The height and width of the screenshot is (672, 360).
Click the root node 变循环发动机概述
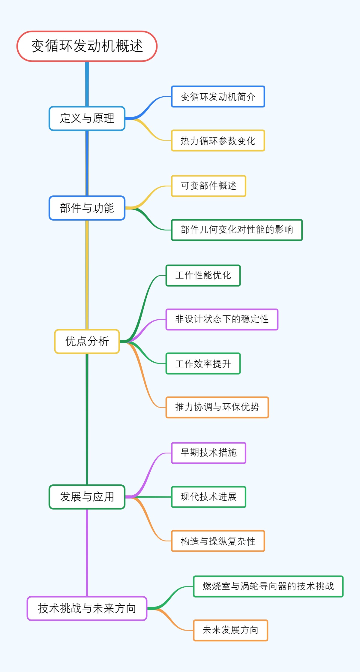pyautogui.click(x=87, y=46)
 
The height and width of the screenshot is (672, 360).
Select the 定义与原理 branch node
pyautogui.click(x=87, y=118)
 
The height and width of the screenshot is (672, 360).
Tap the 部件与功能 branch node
pyautogui.click(x=87, y=208)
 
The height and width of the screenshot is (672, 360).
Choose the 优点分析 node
pyautogui.click(x=87, y=341)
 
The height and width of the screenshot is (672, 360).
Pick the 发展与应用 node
pyautogui.click(x=87, y=497)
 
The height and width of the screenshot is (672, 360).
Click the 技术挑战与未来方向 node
pyautogui.click(x=87, y=608)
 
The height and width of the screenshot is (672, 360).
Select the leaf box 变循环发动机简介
pyautogui.click(x=218, y=97)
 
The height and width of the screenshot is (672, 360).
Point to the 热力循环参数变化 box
pyautogui.click(x=218, y=140)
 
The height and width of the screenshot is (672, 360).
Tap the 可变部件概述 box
pyautogui.click(x=208, y=186)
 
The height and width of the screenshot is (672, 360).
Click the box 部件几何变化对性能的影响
pyautogui.click(x=237, y=230)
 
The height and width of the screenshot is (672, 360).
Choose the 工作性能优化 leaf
pyautogui.click(x=203, y=275)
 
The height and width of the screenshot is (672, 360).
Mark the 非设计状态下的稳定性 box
pyautogui.click(x=222, y=319)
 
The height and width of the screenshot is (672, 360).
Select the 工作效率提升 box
pyautogui.click(x=203, y=363)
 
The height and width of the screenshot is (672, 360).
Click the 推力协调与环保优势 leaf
pyautogui.click(x=217, y=407)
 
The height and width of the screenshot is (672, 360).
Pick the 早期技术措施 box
pyautogui.click(x=208, y=453)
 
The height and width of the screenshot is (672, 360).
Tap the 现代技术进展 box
pyautogui.click(x=208, y=497)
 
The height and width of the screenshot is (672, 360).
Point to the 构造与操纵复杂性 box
pyautogui.click(x=218, y=541)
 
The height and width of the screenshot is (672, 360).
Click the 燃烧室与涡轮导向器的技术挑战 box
pyautogui.click(x=268, y=586)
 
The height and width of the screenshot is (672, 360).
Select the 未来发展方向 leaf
pyautogui.click(x=230, y=630)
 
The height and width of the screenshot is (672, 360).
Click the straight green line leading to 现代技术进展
pyautogui.click(x=150, y=497)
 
